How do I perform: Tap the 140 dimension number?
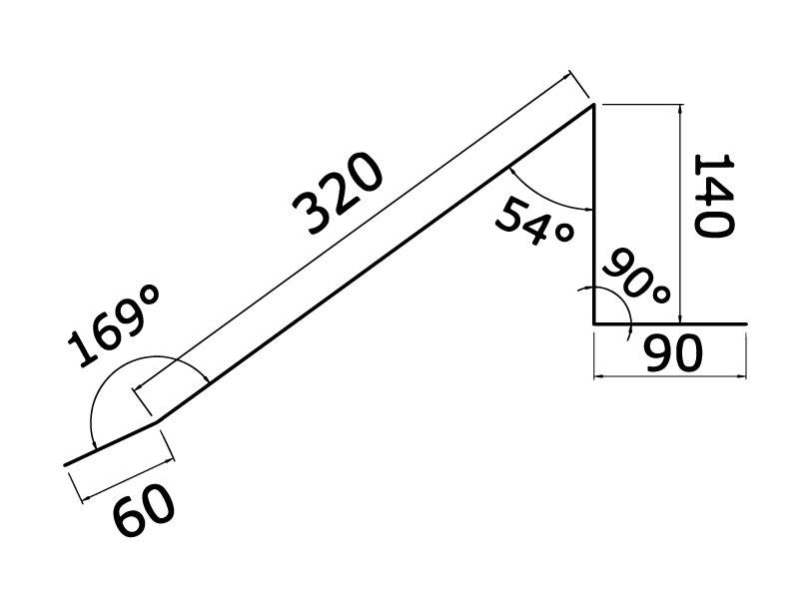712,195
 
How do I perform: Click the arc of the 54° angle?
544,196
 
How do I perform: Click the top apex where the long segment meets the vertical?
593,105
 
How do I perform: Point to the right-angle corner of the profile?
594,324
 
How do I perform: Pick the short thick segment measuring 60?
110,446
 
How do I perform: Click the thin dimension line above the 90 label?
669,375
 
